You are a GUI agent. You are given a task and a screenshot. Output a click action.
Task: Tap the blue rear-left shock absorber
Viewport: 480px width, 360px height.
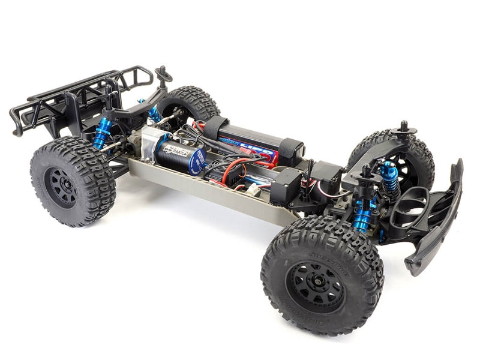coord(101,133)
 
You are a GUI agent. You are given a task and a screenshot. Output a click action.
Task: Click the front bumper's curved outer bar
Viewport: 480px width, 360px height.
coord(444,216)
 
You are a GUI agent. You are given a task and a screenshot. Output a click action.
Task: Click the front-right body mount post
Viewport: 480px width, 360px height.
coord(403,127)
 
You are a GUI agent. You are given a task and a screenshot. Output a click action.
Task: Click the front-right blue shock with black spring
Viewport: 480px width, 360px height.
coord(390,177)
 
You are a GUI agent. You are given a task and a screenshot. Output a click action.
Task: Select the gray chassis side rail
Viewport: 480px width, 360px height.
coord(210,192)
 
